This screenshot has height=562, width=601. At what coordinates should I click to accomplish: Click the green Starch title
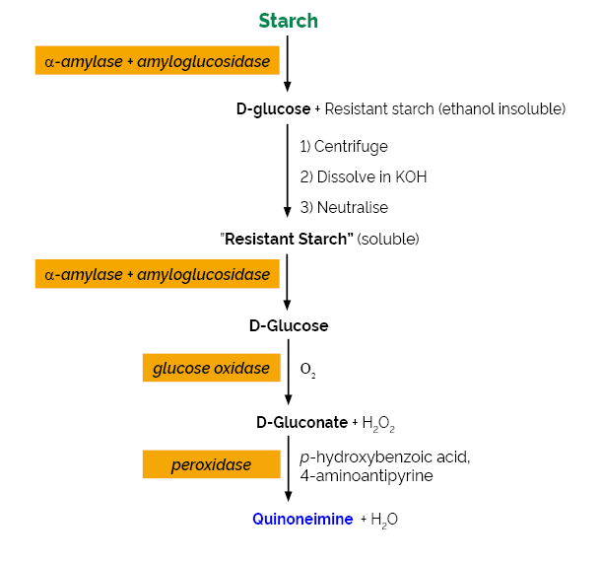coord(288,21)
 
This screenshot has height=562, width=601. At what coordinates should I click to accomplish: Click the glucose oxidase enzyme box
coord(211,369)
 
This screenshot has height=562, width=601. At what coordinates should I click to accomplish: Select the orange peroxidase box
coord(211,464)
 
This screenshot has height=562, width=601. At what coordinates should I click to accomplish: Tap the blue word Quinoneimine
coord(302,520)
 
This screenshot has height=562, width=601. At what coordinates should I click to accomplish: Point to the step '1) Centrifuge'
coord(344,147)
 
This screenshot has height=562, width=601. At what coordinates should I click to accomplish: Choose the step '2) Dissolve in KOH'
coord(364,177)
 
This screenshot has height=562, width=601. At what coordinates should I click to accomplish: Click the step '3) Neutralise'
coord(344,208)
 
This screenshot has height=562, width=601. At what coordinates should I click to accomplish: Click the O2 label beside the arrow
coord(308,371)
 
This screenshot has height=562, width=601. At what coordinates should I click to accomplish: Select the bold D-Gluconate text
coord(301,423)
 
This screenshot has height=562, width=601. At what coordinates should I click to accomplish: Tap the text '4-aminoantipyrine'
coord(367,475)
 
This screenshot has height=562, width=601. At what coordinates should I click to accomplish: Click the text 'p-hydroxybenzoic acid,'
coord(385,457)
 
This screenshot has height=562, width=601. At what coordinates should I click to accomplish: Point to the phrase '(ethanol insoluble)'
coord(502,108)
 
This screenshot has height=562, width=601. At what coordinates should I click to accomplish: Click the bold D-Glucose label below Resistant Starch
coord(289,325)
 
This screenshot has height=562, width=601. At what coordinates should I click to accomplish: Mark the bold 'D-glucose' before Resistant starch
coord(273,108)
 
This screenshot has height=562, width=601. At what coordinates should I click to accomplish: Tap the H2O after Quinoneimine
coord(384,520)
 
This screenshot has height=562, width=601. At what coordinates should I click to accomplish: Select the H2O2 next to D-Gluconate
coord(378,423)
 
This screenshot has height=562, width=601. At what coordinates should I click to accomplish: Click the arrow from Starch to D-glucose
coord(288,64)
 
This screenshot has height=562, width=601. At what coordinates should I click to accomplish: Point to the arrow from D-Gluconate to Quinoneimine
coord(288,473)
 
